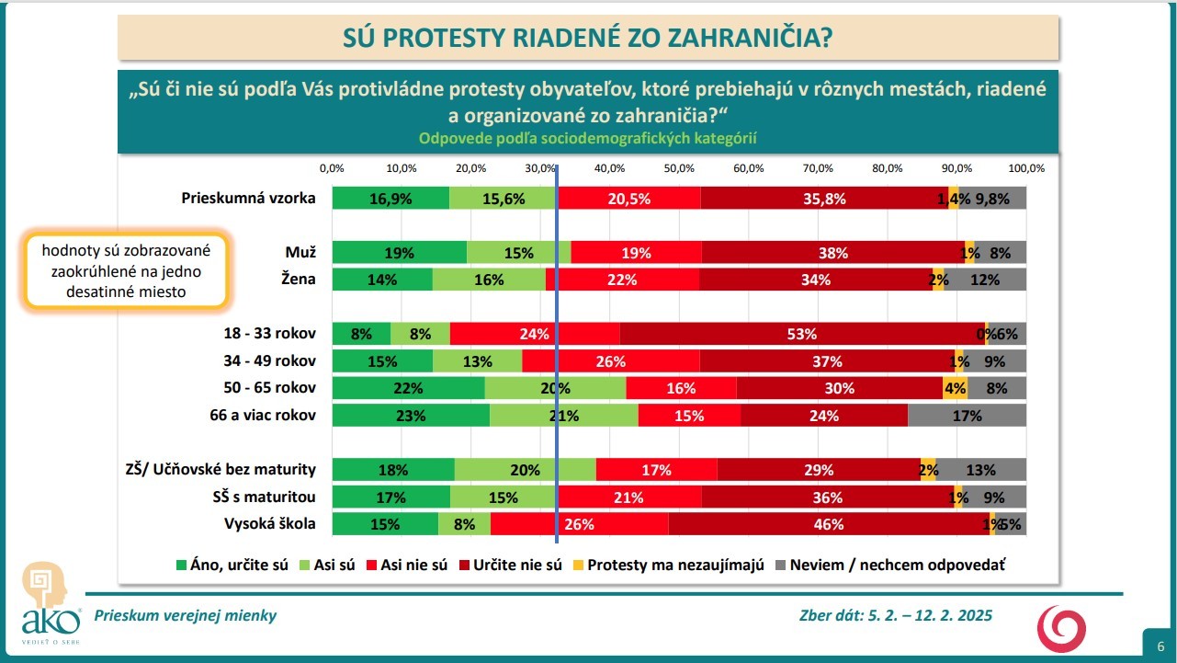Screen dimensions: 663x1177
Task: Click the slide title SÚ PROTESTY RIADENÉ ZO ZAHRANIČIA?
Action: click(x=588, y=37)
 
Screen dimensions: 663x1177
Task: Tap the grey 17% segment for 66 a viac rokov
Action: click(x=967, y=416)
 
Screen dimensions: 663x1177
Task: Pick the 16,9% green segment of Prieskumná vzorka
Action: click(x=390, y=198)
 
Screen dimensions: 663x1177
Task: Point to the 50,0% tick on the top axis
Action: click(x=679, y=169)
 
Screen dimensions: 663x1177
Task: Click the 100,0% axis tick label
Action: click(x=1026, y=169)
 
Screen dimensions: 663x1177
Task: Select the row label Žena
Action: click(x=300, y=280)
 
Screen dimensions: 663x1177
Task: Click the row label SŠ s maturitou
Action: click(x=264, y=497)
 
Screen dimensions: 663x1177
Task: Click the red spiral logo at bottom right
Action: click(x=1061, y=630)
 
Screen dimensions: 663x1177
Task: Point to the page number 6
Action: click(x=1160, y=645)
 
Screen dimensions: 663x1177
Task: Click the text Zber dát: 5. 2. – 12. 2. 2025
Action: click(x=896, y=616)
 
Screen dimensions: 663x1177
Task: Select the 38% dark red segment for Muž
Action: click(x=833, y=253)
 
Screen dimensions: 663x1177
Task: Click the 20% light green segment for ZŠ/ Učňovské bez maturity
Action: click(x=525, y=470)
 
